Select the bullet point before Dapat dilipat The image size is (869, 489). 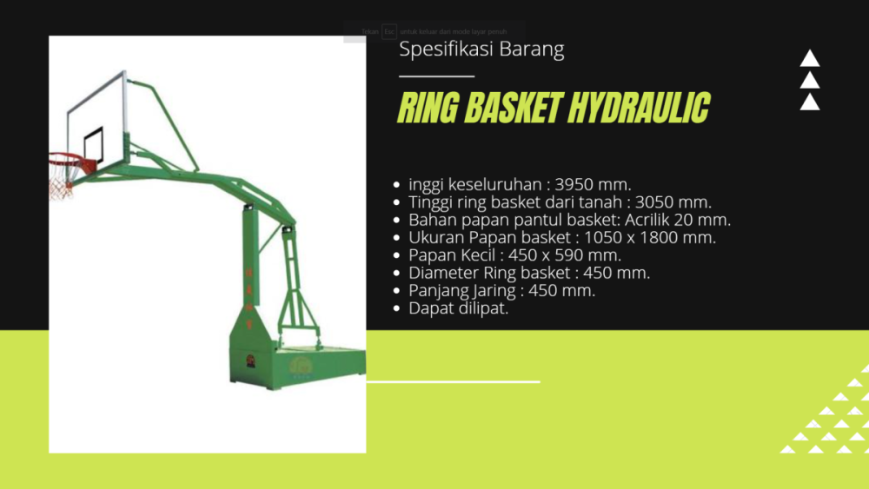(x=397, y=308)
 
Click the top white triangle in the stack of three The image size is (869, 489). (x=810, y=59)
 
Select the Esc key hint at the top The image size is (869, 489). (x=388, y=31)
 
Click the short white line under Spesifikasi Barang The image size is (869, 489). (x=436, y=76)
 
